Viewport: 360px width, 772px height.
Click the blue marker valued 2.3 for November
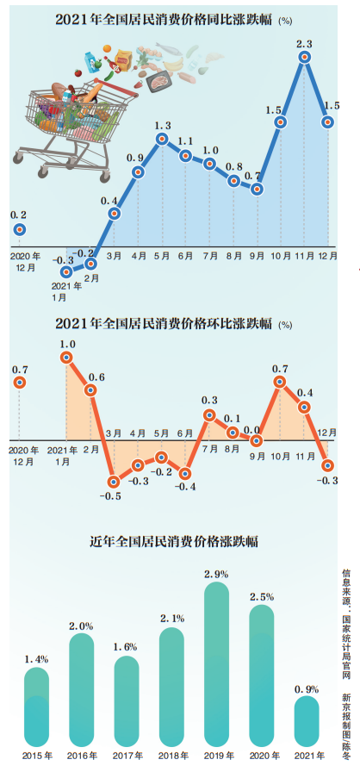304,58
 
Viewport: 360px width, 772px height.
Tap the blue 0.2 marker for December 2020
19,229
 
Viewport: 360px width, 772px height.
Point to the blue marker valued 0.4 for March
114,214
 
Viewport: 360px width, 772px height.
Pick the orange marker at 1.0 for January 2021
67,358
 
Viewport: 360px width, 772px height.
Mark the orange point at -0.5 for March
114,482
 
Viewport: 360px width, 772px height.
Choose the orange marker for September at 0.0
257,439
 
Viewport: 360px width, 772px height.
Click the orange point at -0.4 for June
185,473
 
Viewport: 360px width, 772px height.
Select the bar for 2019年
216,663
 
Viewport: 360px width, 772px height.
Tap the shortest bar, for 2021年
307,720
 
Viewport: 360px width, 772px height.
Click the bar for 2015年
36,706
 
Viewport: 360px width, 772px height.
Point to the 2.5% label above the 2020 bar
261,597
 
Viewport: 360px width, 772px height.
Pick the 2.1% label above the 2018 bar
171,619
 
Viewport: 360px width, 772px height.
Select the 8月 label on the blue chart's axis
233,256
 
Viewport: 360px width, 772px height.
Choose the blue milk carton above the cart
91,60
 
